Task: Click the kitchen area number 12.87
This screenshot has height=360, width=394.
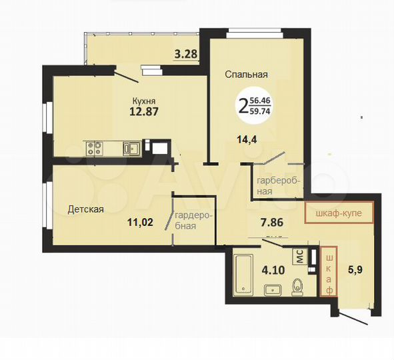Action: tap(143, 112)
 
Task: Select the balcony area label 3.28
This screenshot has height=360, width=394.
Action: tap(185, 55)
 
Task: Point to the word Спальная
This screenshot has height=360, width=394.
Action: tap(246, 75)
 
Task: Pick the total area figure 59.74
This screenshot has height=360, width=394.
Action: tap(261, 112)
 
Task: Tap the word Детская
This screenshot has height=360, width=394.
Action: tap(85, 209)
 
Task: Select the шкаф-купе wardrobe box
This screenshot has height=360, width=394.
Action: tap(338, 214)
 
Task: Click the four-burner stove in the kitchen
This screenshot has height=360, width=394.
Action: tap(93, 148)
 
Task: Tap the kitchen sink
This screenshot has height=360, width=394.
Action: tap(131, 149)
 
